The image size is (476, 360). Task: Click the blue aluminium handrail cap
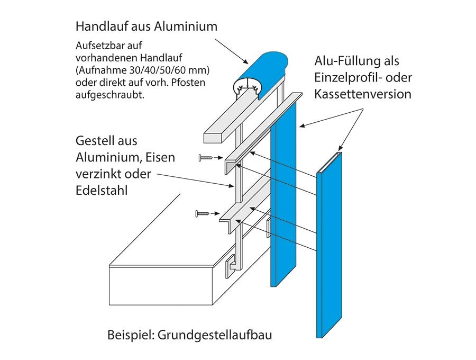tap(261, 73)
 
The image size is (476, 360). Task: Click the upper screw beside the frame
tap(206, 158)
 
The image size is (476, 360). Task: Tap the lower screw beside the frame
tap(203, 213)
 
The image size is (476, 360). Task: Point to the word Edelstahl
tap(102, 191)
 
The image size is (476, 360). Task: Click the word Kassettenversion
tap(363, 94)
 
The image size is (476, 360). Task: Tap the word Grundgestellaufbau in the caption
tap(215, 335)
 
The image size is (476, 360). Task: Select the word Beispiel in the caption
tap(131, 335)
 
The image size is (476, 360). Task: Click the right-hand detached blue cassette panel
tap(329, 245)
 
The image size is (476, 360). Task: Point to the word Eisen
tap(160, 157)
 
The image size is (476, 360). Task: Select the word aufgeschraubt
tap(110, 95)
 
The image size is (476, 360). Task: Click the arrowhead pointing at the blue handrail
tap(245, 61)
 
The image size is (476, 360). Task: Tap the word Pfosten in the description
tap(188, 83)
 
